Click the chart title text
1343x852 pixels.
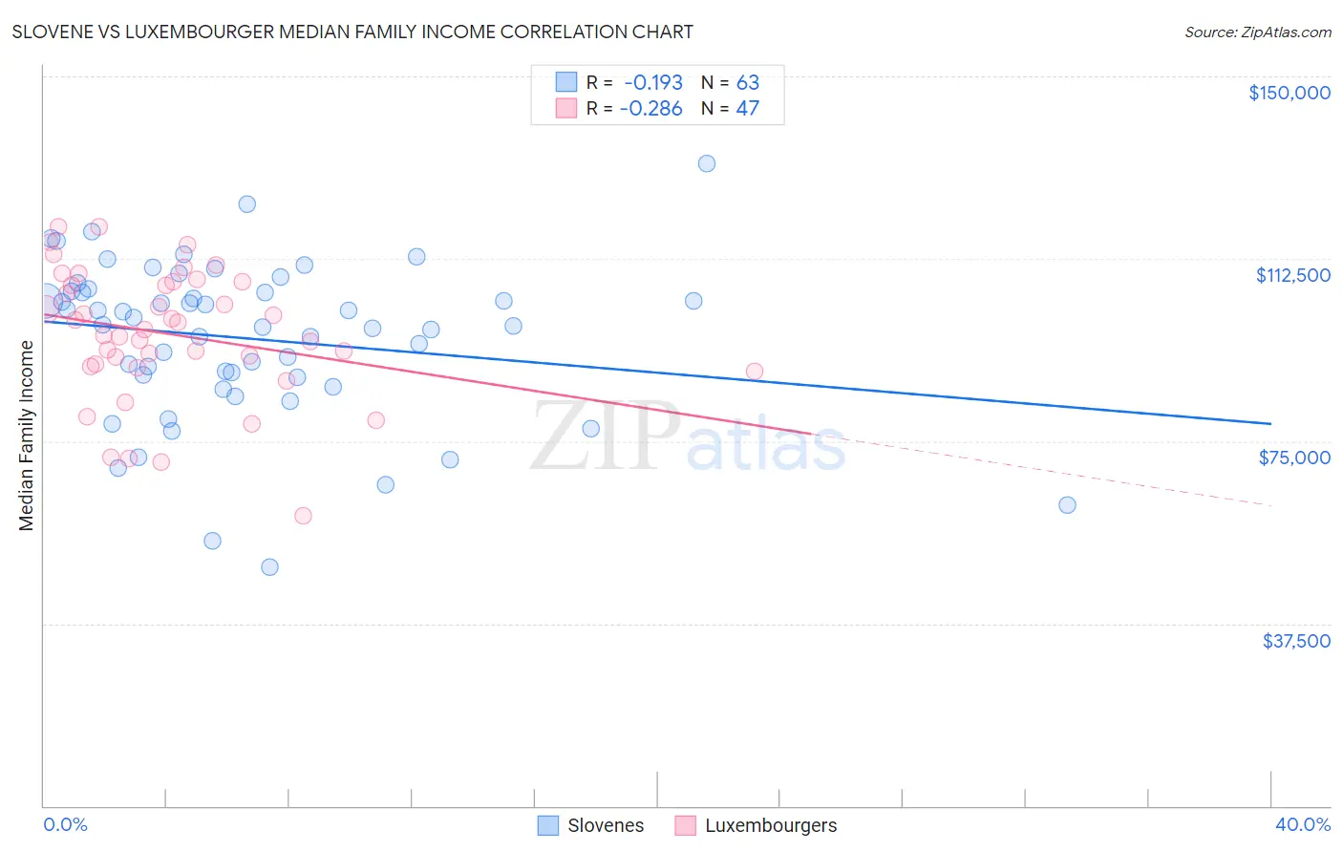pos(352,32)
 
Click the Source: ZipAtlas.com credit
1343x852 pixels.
pos(1257,32)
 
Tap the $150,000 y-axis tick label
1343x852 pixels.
pos(1289,93)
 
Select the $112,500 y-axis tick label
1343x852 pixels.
pos(1292,275)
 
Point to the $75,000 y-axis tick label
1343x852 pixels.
pos(1294,458)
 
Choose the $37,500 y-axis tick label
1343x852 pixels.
pos(1296,641)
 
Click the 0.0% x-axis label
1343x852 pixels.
pos(65,824)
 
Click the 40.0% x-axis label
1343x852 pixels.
pos(1302,824)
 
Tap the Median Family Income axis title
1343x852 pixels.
pos(27,436)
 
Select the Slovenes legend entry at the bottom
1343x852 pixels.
pos(605,825)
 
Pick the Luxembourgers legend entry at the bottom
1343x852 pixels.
pos(770,825)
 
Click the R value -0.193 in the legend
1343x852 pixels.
pos(652,82)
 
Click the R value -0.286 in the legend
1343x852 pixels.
pos(650,108)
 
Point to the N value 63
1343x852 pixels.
pos(747,82)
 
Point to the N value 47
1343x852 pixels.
pos(747,108)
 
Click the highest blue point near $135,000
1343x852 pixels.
pos(707,163)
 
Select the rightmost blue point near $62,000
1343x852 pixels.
pos(1067,505)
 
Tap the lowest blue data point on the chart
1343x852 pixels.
pos(269,567)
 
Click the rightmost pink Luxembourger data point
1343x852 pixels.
pos(755,372)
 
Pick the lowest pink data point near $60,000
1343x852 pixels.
pos(303,516)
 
